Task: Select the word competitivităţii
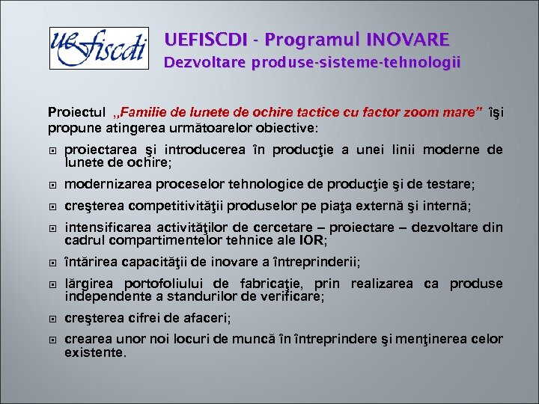pos(177,206)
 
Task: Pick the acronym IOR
pos(313,240)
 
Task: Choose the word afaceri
pos(208,318)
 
